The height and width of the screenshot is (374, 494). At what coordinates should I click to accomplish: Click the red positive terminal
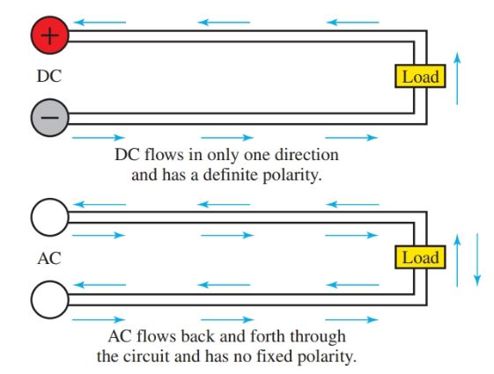(49, 38)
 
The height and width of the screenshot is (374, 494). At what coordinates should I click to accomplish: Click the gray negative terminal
(49, 115)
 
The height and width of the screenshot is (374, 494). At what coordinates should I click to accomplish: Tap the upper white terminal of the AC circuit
(49, 218)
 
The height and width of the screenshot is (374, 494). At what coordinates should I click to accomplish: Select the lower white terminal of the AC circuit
(49, 300)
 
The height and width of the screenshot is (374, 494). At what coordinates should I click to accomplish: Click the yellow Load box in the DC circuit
(419, 77)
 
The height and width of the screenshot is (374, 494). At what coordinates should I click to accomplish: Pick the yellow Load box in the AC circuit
(419, 258)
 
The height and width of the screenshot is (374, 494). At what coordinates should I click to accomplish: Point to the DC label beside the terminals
(48, 77)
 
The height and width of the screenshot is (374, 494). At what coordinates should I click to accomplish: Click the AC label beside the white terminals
(48, 260)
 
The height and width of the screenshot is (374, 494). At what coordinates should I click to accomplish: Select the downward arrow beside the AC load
(477, 259)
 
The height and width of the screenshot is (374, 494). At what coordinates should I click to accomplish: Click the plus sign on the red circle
(49, 38)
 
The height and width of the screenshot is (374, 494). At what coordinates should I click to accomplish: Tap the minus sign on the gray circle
(49, 116)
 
